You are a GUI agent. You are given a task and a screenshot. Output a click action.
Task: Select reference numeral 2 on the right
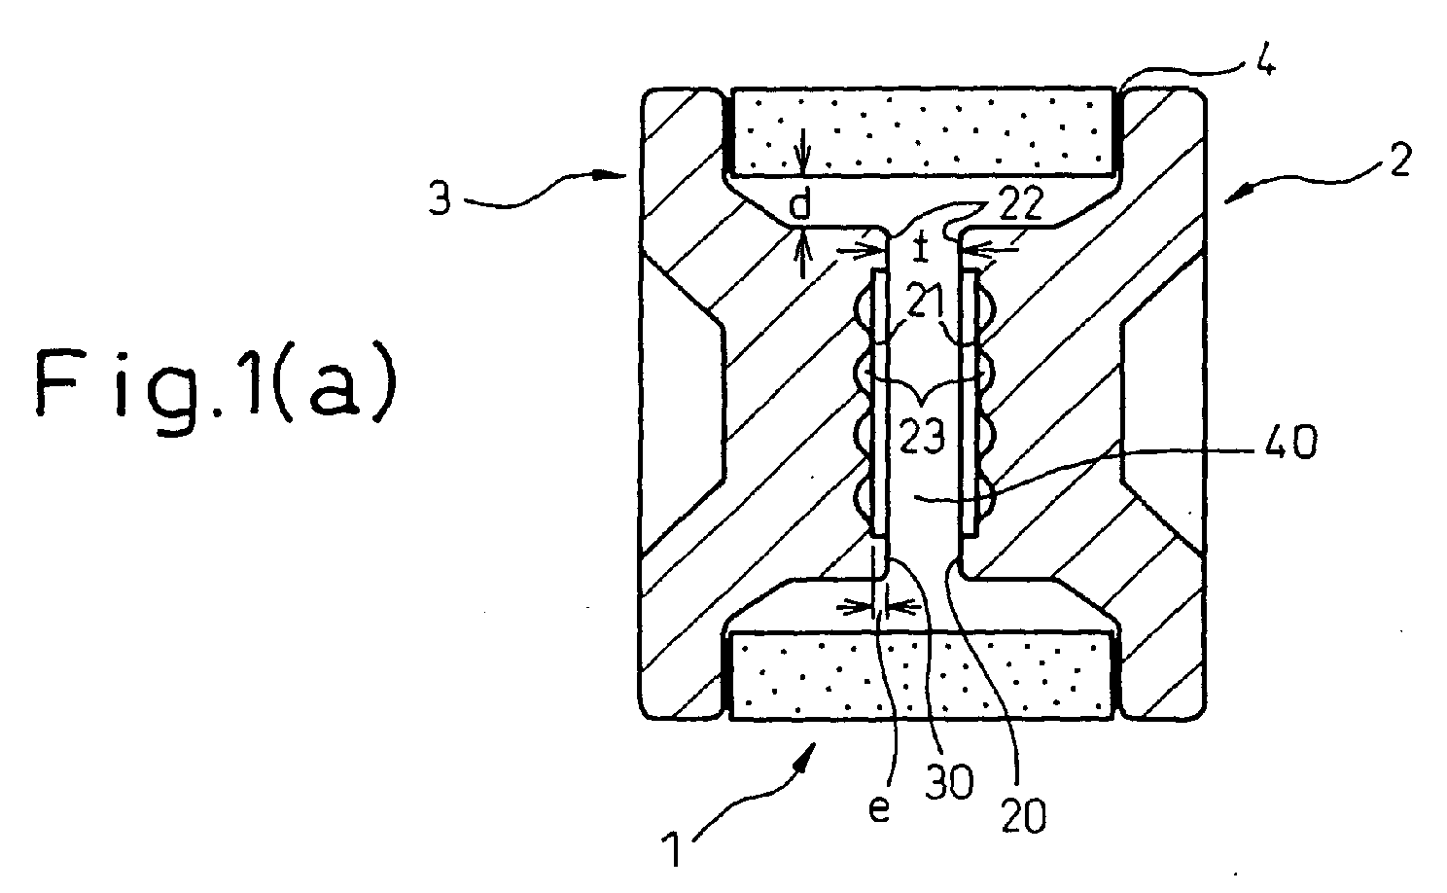point(1400,161)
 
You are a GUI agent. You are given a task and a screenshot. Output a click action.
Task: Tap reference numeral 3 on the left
point(441,198)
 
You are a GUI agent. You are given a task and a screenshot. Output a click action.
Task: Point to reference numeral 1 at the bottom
point(673,848)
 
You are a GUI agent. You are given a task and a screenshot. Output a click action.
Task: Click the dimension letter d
point(801,205)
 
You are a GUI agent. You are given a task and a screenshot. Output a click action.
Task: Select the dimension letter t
point(921,247)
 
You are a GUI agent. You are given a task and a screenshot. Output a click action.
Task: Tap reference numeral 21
point(924,302)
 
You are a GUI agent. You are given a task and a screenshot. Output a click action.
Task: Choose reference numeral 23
point(923,436)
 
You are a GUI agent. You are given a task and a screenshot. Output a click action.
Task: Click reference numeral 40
point(1290,444)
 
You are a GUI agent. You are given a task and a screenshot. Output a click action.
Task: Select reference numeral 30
point(949,783)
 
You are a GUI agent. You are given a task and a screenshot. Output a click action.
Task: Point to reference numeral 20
point(1024,816)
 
